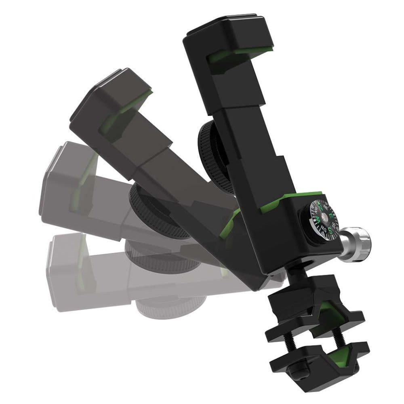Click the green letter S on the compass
pyautogui.click(x=330, y=231)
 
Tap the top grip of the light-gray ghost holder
pyautogui.click(x=61, y=162)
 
